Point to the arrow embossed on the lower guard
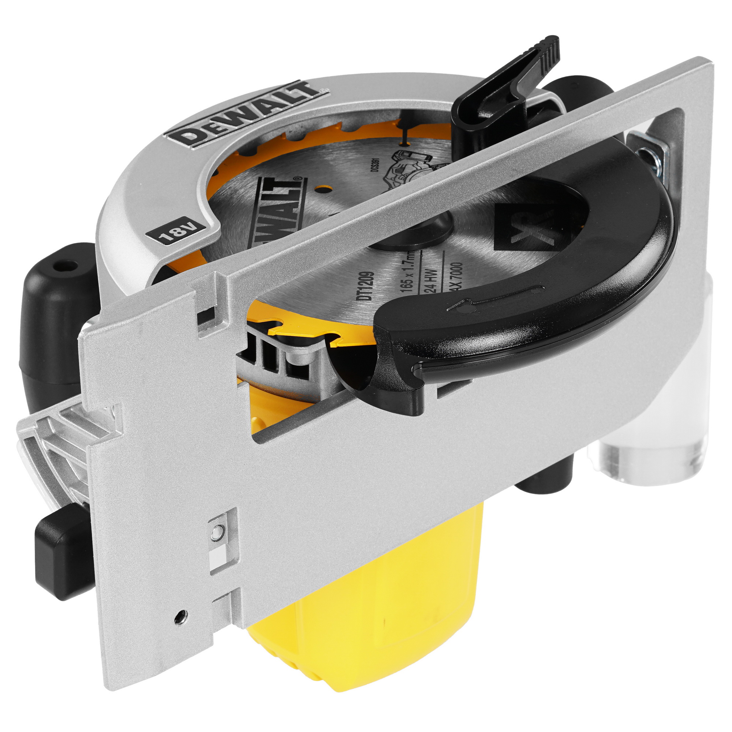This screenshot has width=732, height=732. tap(489, 300)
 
